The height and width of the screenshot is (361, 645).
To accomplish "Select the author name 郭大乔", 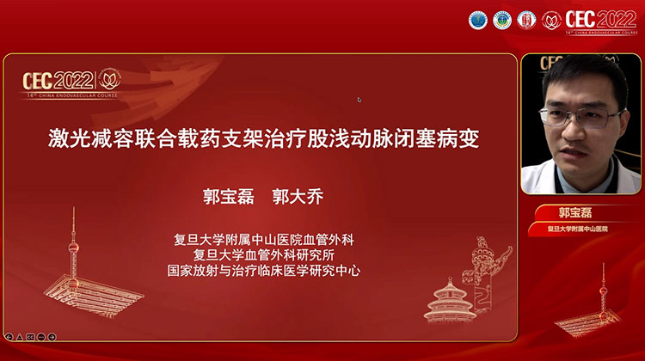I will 296,198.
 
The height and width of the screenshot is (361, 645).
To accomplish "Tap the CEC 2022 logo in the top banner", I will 601,20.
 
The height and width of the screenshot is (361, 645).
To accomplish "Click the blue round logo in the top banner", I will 477,20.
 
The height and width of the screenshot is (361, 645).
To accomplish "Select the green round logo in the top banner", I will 501,20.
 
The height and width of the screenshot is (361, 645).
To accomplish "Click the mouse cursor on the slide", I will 359,100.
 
